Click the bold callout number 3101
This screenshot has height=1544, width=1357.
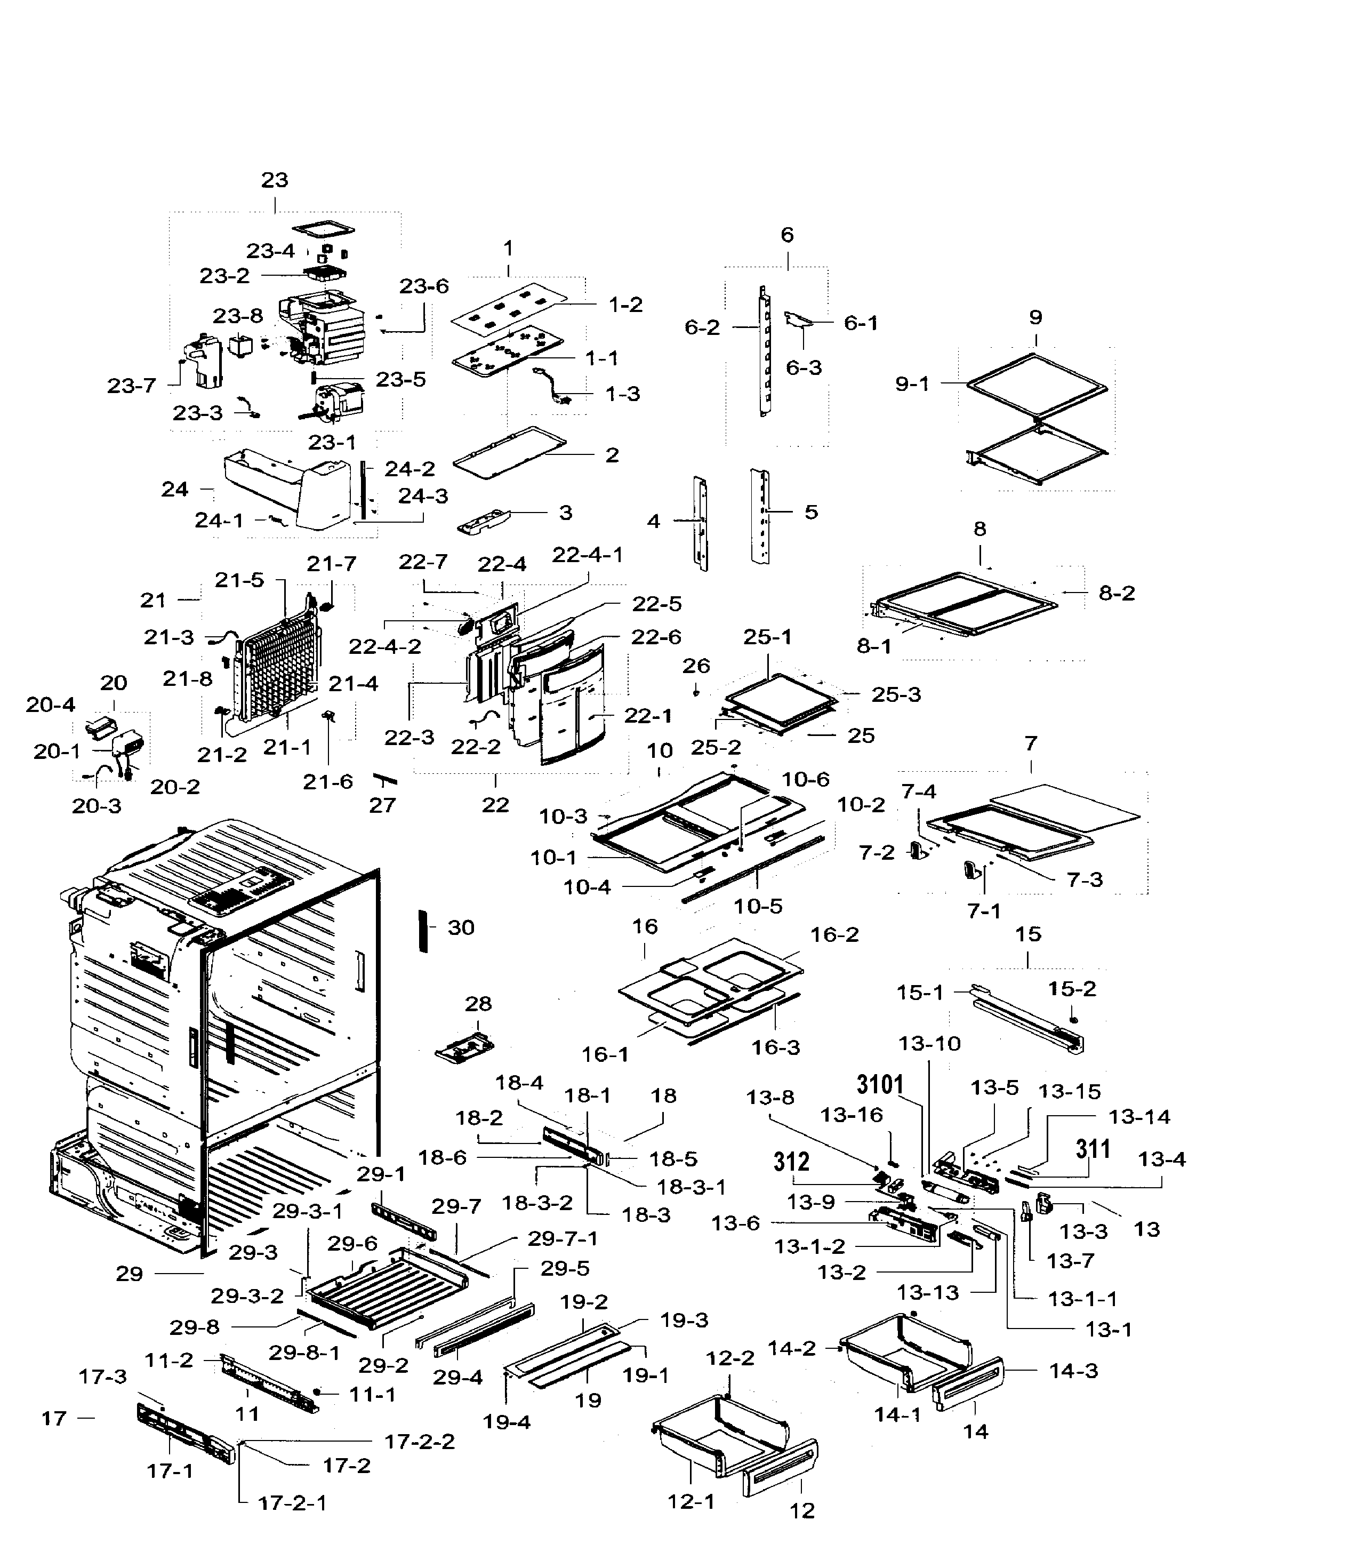click(880, 1085)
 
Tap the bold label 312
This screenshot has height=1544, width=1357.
click(791, 1161)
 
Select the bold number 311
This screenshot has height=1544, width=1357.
click(1093, 1149)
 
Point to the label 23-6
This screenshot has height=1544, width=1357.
click(424, 286)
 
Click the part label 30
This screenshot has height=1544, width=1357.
click(461, 927)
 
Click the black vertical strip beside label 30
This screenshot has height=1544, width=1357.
click(423, 931)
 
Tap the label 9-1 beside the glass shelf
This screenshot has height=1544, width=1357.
click(912, 384)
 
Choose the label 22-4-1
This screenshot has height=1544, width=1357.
click(588, 555)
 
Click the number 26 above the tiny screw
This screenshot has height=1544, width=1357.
click(696, 666)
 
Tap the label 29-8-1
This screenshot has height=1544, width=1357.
click(304, 1352)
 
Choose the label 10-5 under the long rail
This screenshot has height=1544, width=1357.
click(758, 906)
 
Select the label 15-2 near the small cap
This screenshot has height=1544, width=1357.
click(1072, 989)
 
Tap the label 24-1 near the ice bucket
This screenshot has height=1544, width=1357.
click(219, 521)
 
